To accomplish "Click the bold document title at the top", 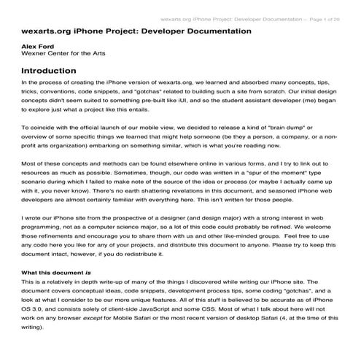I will point(137,32).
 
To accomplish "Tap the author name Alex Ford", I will point(39,47).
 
